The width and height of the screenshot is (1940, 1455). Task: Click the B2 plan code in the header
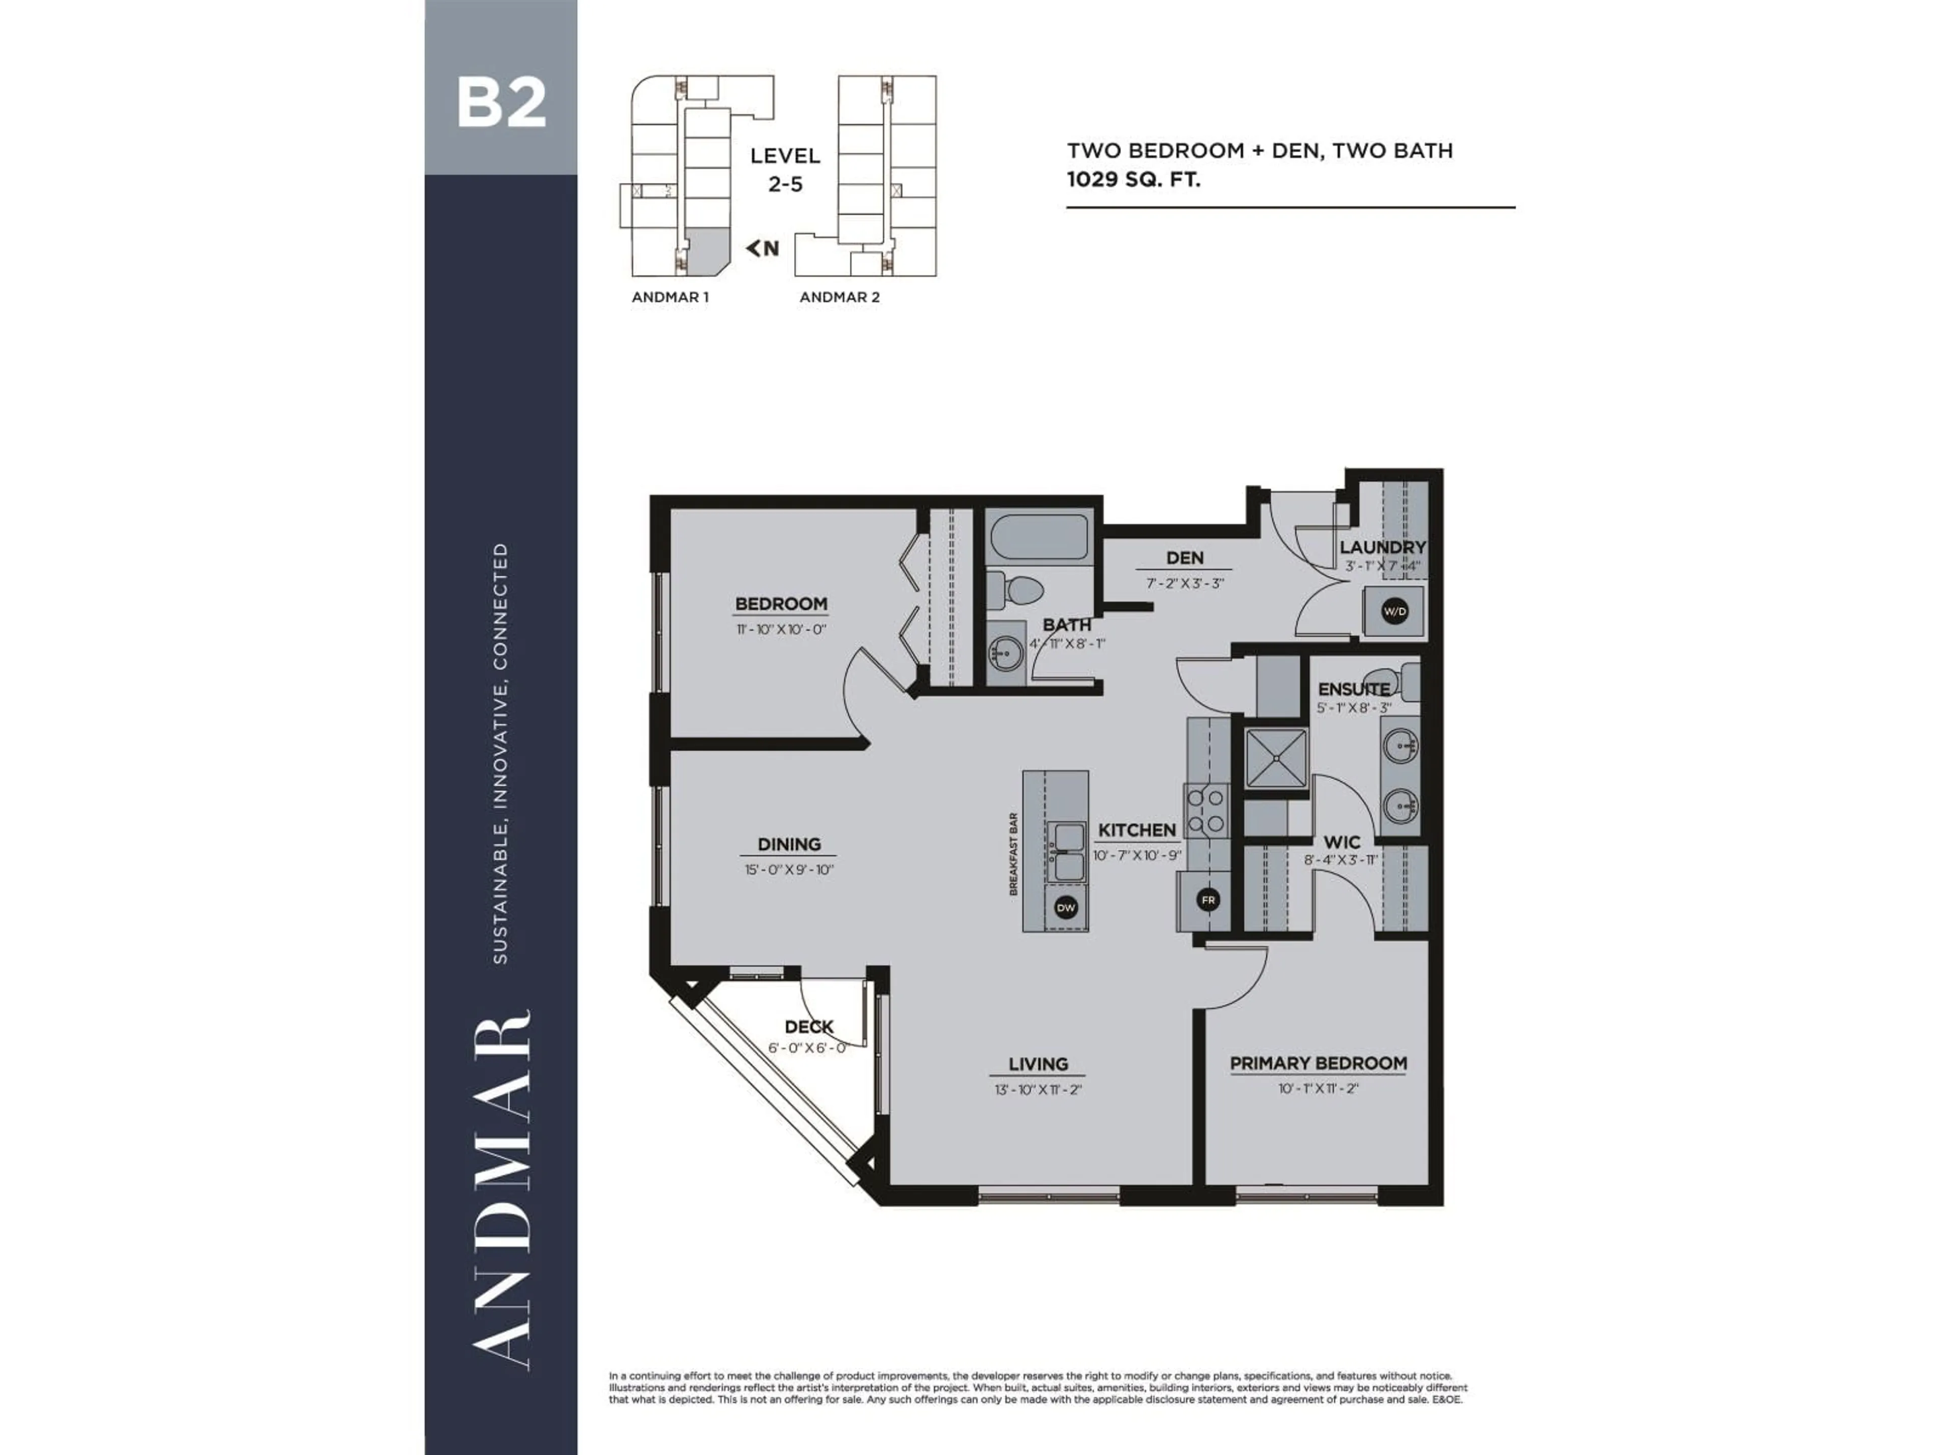click(x=501, y=104)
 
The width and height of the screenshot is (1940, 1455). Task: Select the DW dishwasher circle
click(x=1065, y=908)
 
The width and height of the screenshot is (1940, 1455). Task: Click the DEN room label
click(x=1184, y=558)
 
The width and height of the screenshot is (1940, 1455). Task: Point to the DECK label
click(x=809, y=1026)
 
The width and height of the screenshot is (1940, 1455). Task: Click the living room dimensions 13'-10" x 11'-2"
click(x=1038, y=1089)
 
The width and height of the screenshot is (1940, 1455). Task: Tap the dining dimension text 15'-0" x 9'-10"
click(x=789, y=869)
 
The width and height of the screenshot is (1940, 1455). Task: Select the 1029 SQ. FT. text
click(x=1133, y=180)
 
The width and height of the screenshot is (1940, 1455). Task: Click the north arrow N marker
click(x=763, y=248)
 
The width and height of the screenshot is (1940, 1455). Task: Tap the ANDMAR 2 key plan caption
click(x=839, y=297)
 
